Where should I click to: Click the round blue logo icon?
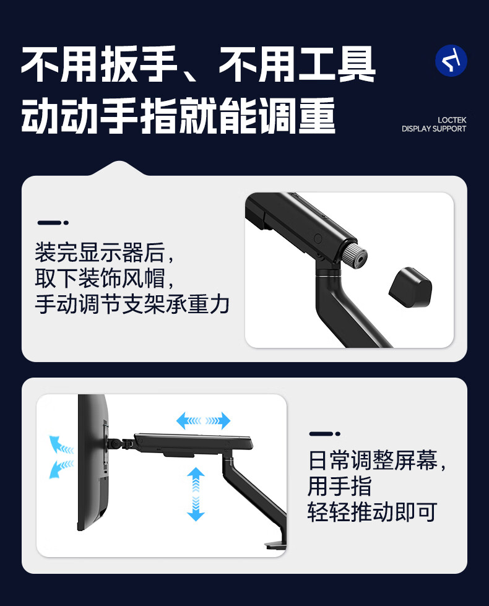click(451, 61)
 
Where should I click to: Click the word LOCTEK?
click(452, 120)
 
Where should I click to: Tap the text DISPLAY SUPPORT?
click(434, 129)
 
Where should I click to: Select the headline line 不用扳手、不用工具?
click(198, 64)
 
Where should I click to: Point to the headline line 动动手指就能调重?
click(178, 116)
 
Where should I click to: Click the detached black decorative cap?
click(410, 287)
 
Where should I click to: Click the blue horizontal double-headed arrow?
click(203, 420)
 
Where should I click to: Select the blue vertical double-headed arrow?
click(196, 494)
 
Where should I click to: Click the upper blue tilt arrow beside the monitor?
click(61, 445)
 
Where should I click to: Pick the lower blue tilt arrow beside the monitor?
click(61, 469)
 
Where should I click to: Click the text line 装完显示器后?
click(105, 253)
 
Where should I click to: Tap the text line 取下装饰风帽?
click(105, 279)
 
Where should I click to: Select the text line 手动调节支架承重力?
click(132, 304)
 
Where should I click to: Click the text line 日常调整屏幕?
click(377, 461)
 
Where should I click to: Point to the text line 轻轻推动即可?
click(372, 512)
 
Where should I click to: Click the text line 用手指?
click(340, 486)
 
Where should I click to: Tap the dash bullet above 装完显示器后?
click(53, 223)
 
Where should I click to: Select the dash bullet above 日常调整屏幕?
click(325, 434)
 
